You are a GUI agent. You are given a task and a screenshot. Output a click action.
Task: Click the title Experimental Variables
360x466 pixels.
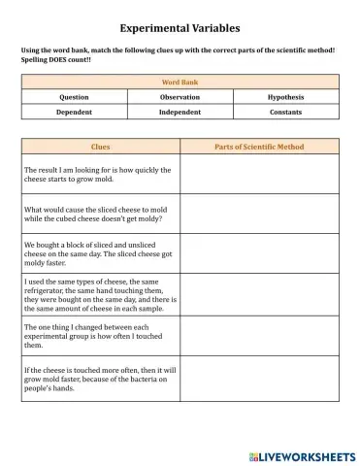click(180, 29)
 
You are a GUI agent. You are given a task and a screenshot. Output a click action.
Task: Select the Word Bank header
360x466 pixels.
click(180, 83)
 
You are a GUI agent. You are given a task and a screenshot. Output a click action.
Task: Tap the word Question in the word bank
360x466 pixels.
click(74, 97)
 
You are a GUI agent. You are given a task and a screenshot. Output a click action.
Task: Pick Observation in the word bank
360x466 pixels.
click(180, 97)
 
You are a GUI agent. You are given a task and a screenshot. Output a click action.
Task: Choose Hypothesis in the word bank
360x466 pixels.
click(285, 97)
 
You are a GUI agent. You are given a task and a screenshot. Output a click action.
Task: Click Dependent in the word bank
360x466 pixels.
click(74, 112)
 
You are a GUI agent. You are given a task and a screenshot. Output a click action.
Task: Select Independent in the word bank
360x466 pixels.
click(180, 112)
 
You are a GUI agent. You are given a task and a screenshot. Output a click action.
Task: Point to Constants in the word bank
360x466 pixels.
click(285, 112)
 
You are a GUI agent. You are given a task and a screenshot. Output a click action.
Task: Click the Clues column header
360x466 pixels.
click(100, 147)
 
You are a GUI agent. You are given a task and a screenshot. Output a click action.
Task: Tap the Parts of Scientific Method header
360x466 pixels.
click(258, 147)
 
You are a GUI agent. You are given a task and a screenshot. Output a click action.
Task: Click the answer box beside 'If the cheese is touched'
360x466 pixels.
click(258, 380)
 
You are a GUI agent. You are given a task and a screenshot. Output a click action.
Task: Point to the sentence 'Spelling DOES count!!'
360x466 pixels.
click(56, 58)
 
